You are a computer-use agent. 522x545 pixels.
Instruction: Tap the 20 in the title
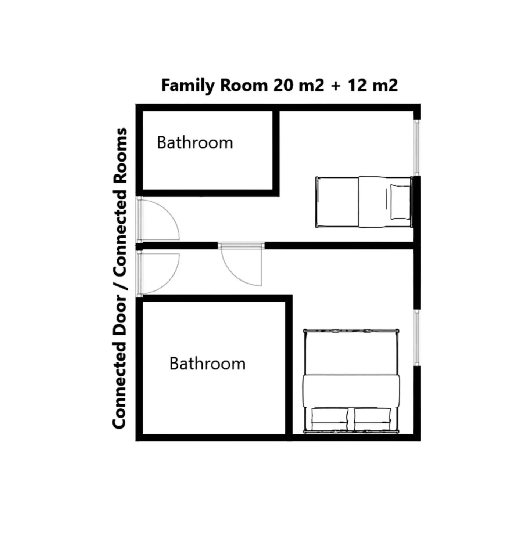point(283,85)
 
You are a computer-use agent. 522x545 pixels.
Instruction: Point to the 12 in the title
point(358,85)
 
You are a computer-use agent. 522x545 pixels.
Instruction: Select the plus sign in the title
point(335,86)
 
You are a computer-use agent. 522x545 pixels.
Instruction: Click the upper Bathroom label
point(195,142)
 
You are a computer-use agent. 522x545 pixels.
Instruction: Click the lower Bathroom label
point(207,364)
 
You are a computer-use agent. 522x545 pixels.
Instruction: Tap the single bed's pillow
point(400,202)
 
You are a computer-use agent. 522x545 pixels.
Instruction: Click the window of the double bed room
point(416,337)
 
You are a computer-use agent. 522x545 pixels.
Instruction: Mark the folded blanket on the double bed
point(351,391)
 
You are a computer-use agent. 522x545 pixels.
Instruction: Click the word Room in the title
point(244,86)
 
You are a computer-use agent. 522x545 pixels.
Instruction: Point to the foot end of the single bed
point(336,202)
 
